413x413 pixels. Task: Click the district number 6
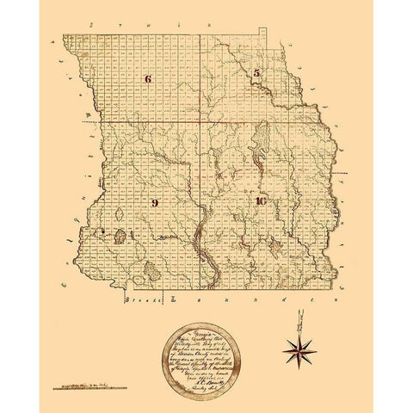148,79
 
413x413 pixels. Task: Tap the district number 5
256,74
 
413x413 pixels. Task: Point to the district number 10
262,200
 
